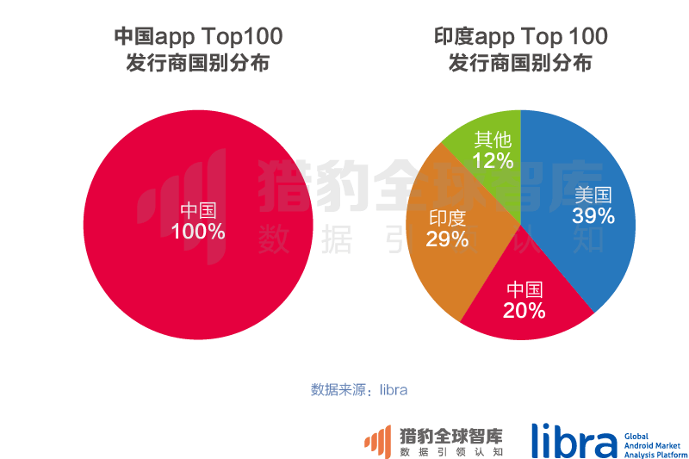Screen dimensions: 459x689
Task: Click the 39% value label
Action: [593, 216]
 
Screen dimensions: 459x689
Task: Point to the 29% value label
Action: [447, 239]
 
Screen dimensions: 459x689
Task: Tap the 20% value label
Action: [525, 311]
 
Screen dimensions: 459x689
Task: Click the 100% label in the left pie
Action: [198, 233]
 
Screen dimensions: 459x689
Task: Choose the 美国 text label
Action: [593, 195]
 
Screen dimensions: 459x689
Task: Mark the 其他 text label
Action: [493, 140]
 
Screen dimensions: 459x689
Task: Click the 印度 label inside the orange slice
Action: [447, 218]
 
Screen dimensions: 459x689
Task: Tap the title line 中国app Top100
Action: [198, 36]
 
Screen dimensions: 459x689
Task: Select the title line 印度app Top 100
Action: [520, 36]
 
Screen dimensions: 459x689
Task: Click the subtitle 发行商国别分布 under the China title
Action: [198, 65]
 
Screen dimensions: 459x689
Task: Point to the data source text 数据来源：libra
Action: [358, 389]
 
